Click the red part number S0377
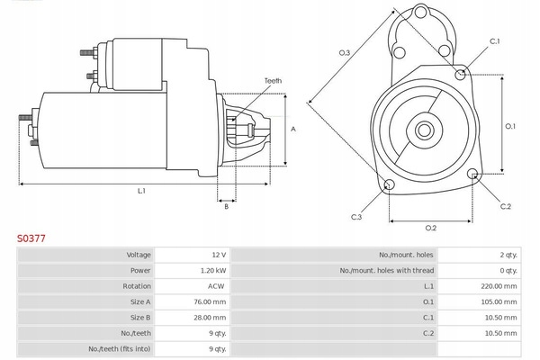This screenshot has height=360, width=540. pos(31,239)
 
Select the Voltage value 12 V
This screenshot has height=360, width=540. pos(219,256)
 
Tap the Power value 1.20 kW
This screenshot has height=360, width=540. pos(213,271)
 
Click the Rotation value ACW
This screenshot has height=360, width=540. pos(217,286)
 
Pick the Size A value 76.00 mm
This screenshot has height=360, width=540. pos(211,301)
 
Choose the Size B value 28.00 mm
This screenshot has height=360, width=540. pos(211,317)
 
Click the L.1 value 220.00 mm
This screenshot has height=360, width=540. pos(499,286)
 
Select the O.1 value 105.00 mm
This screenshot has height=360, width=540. pos(499,301)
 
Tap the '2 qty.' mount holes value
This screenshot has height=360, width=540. pos(508,256)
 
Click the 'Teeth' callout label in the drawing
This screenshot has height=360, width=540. pos(273,81)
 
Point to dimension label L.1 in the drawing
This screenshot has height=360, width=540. pos(141,190)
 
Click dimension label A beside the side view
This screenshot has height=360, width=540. pos(293,130)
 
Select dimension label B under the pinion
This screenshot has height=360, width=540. pos(227,207)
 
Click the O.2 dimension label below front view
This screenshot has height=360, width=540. pos(430,227)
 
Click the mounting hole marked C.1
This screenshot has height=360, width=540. pos(461,74)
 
